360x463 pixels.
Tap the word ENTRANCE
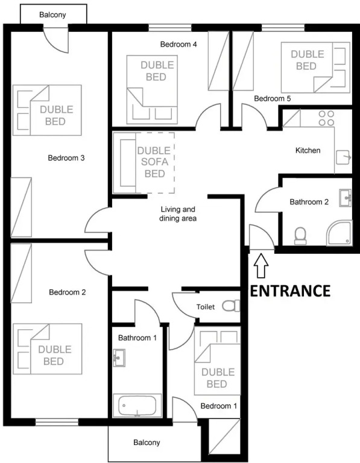pyautogui.click(x=290, y=291)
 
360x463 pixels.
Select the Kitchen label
pyautogui.click(x=308, y=150)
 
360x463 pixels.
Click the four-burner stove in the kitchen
pyautogui.click(x=326, y=118)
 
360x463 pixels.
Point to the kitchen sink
pyautogui.click(x=344, y=158)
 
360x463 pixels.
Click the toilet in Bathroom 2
pyautogui.click(x=300, y=236)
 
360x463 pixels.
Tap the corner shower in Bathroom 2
pyautogui.click(x=339, y=232)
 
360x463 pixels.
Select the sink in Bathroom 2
pyautogui.click(x=346, y=198)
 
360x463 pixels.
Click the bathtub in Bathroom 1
pyautogui.click(x=137, y=405)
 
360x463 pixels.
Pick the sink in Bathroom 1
pyautogui.click(x=119, y=358)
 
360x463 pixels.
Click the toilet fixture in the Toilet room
pyautogui.click(x=231, y=306)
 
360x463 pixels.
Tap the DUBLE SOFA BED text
pyautogui.click(x=154, y=162)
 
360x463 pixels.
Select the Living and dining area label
pyautogui.click(x=178, y=214)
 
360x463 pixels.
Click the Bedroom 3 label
pyautogui.click(x=66, y=158)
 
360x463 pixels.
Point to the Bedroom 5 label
pyautogui.click(x=273, y=98)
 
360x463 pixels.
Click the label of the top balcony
pyautogui.click(x=52, y=14)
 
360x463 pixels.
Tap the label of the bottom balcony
pyautogui.click(x=147, y=443)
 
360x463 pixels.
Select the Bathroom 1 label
pyautogui.click(x=137, y=338)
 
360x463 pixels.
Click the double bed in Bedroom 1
pyautogui.click(x=217, y=361)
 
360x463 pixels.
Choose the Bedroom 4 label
pyautogui.click(x=178, y=44)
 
